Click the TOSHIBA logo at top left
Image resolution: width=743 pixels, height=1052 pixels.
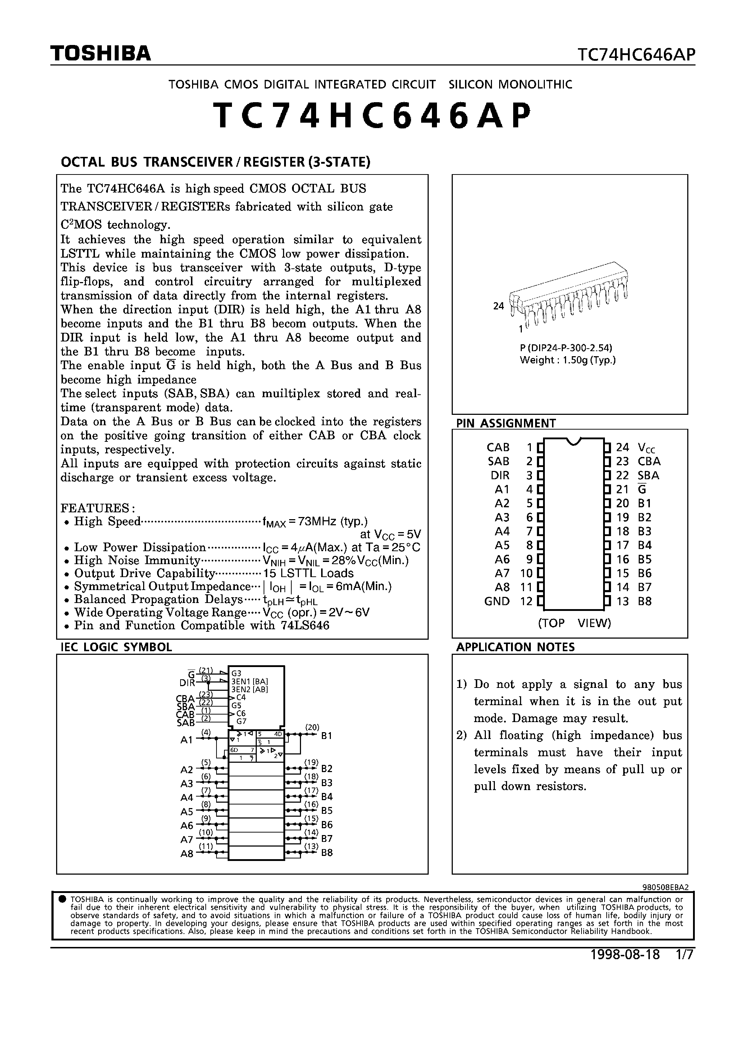[100, 54]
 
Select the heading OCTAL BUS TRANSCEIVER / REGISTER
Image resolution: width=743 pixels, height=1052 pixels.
[215, 162]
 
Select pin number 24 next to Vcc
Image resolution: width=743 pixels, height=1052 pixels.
[622, 447]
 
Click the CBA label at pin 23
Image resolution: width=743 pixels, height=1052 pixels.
[649, 461]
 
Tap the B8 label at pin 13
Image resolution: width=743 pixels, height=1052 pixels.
[644, 601]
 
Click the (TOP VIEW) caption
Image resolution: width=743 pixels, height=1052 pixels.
[574, 623]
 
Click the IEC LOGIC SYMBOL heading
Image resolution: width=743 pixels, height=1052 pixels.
[117, 647]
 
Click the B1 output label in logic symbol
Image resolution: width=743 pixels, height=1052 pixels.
[327, 736]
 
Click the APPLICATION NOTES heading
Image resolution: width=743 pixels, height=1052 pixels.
[515, 647]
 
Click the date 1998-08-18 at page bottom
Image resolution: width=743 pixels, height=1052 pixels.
[625, 954]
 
